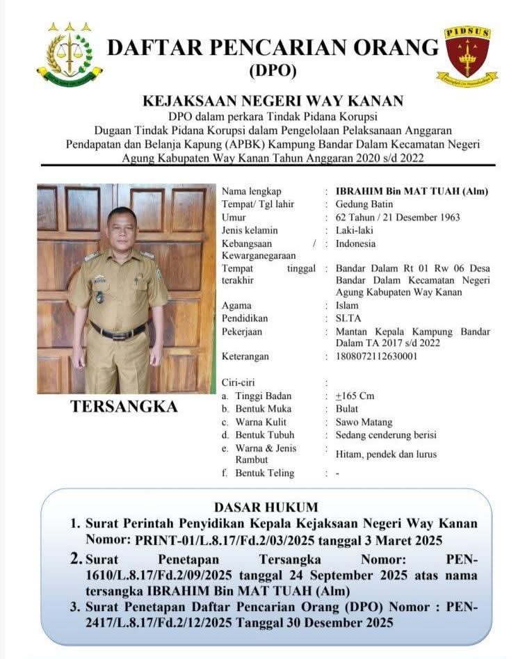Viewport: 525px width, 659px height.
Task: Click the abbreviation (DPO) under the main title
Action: [272, 70]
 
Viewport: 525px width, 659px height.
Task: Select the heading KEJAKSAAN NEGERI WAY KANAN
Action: [273, 101]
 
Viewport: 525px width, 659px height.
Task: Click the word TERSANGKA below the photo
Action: [124, 407]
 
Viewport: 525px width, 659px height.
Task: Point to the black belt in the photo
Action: [118, 330]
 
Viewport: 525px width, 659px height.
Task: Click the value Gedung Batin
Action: [364, 204]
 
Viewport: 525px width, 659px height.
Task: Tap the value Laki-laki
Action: [355, 230]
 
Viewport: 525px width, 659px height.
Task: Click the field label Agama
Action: [236, 305]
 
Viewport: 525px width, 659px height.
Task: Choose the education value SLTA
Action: [348, 318]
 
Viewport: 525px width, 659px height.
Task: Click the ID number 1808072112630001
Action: [377, 357]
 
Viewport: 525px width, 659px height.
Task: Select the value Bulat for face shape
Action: [347, 409]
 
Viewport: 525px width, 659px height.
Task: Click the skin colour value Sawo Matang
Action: [364, 422]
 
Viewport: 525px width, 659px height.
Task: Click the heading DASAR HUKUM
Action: [266, 507]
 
